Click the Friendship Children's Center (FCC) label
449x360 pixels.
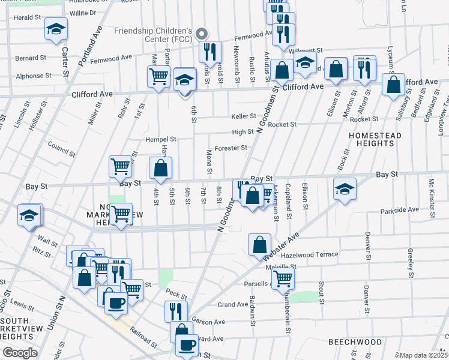[154, 35]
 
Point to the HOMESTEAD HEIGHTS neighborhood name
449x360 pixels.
[375, 140]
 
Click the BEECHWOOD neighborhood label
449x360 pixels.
[355, 341]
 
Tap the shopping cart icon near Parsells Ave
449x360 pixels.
[283, 278]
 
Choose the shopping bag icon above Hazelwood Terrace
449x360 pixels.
[259, 244]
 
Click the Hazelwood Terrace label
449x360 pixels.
[310, 254]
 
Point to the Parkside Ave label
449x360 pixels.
[400, 210]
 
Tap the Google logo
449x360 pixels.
[19, 353]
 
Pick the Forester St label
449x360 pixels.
[231, 148]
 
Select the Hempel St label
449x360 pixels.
[159, 139]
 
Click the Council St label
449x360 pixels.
[62, 148]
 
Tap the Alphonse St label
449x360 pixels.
[34, 76]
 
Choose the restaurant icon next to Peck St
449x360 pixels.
[176, 311]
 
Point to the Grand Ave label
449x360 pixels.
[229, 305]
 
